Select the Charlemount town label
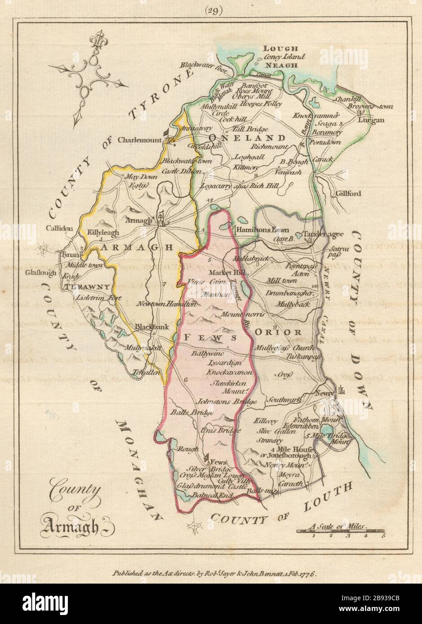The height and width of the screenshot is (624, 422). click(139, 140)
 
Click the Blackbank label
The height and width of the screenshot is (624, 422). click(152, 327)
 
